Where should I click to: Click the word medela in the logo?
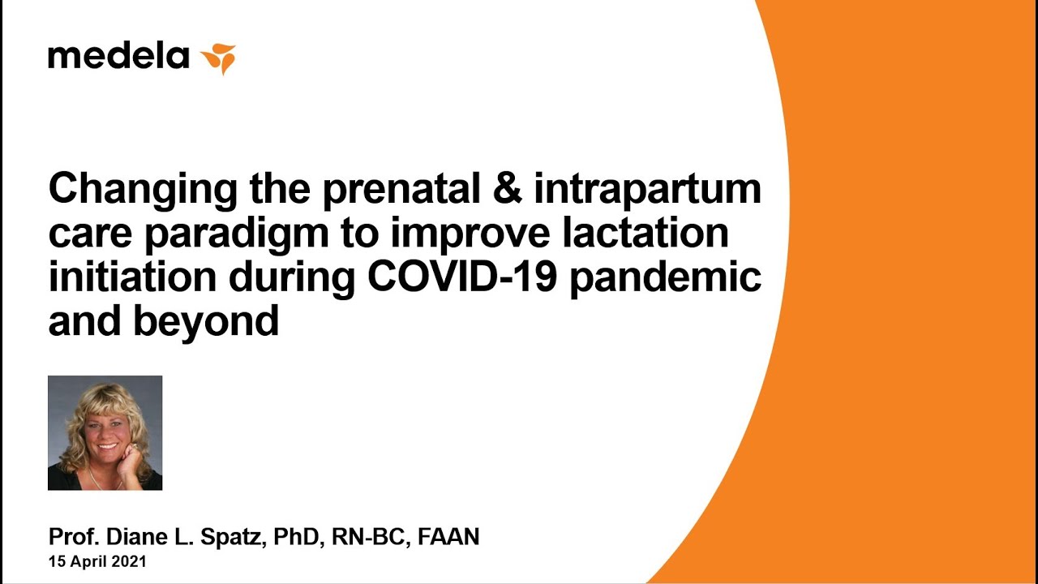click(x=118, y=56)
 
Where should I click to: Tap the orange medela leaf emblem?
click(x=218, y=58)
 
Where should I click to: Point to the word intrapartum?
click(x=648, y=190)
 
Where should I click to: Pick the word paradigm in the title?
click(x=237, y=234)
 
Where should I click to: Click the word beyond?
click(x=206, y=322)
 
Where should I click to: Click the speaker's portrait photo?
click(x=105, y=433)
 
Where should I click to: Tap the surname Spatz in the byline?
click(x=233, y=537)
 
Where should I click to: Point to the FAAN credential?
click(x=448, y=537)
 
